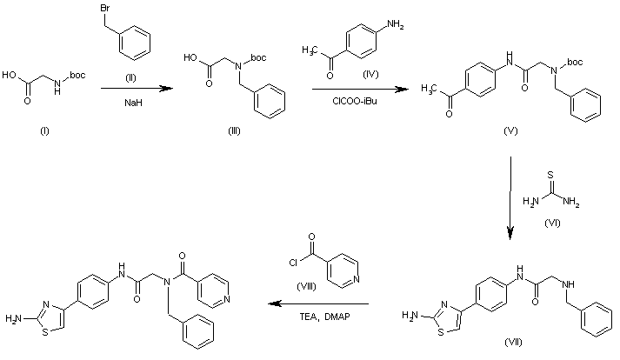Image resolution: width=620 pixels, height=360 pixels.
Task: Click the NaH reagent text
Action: (x=130, y=102)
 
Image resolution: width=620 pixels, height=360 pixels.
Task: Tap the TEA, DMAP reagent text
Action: (x=319, y=317)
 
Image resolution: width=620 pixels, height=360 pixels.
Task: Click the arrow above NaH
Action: (x=129, y=88)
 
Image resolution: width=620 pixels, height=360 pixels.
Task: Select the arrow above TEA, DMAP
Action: (x=319, y=304)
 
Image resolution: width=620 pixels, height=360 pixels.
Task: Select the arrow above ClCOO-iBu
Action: (x=354, y=88)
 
